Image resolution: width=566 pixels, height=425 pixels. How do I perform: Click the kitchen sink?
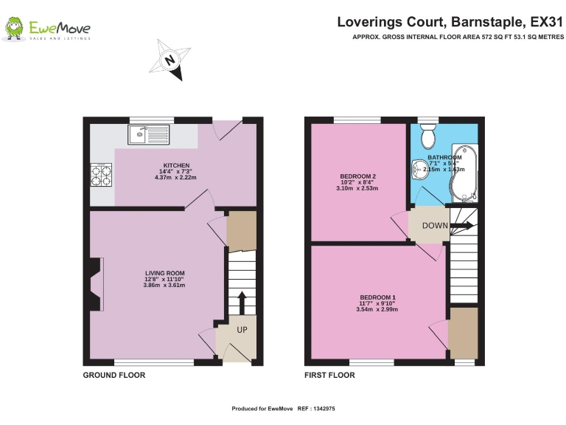click(x=148, y=134)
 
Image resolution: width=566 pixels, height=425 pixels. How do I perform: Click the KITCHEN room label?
click(x=177, y=165)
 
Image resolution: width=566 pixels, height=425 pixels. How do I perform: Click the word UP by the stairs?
click(x=242, y=330)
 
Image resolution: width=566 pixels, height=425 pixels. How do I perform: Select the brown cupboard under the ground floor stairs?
click(x=241, y=231)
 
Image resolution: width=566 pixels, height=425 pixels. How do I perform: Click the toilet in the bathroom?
click(x=427, y=137)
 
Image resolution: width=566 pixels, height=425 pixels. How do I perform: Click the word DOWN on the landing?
click(x=435, y=225)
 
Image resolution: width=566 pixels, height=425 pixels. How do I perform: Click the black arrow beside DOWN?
click(x=462, y=225)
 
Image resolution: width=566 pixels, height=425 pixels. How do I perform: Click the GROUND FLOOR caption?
click(x=113, y=376)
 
